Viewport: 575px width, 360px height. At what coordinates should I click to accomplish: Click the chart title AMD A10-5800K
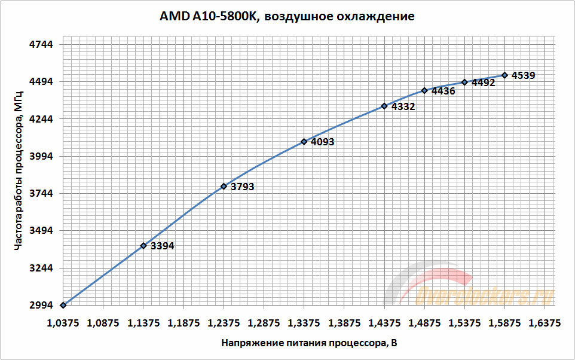(287, 16)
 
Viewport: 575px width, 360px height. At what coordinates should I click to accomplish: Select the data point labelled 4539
(504, 75)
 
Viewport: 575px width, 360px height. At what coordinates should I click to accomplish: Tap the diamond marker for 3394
(143, 245)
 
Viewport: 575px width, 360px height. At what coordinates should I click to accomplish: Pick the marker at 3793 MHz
(224, 186)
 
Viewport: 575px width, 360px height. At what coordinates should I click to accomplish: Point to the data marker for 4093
(304, 142)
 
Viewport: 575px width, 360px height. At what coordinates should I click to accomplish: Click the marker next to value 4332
(384, 106)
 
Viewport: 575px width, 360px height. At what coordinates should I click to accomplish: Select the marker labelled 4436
(424, 90)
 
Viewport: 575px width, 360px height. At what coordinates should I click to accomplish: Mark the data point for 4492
(464, 82)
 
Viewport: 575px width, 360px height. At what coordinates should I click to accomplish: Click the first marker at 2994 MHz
(63, 305)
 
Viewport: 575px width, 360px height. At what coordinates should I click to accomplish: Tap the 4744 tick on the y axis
(41, 45)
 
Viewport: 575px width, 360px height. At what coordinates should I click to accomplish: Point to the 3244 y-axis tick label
(41, 268)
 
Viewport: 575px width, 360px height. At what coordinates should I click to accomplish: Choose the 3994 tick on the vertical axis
(41, 156)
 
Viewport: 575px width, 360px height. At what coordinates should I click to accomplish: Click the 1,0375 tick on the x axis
(63, 323)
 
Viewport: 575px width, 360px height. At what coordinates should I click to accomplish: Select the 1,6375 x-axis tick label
(545, 323)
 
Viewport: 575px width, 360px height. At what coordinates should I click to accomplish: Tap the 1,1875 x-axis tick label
(183, 323)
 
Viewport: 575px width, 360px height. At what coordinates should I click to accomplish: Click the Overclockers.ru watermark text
(484, 295)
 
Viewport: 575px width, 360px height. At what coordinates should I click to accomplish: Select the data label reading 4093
(322, 142)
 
